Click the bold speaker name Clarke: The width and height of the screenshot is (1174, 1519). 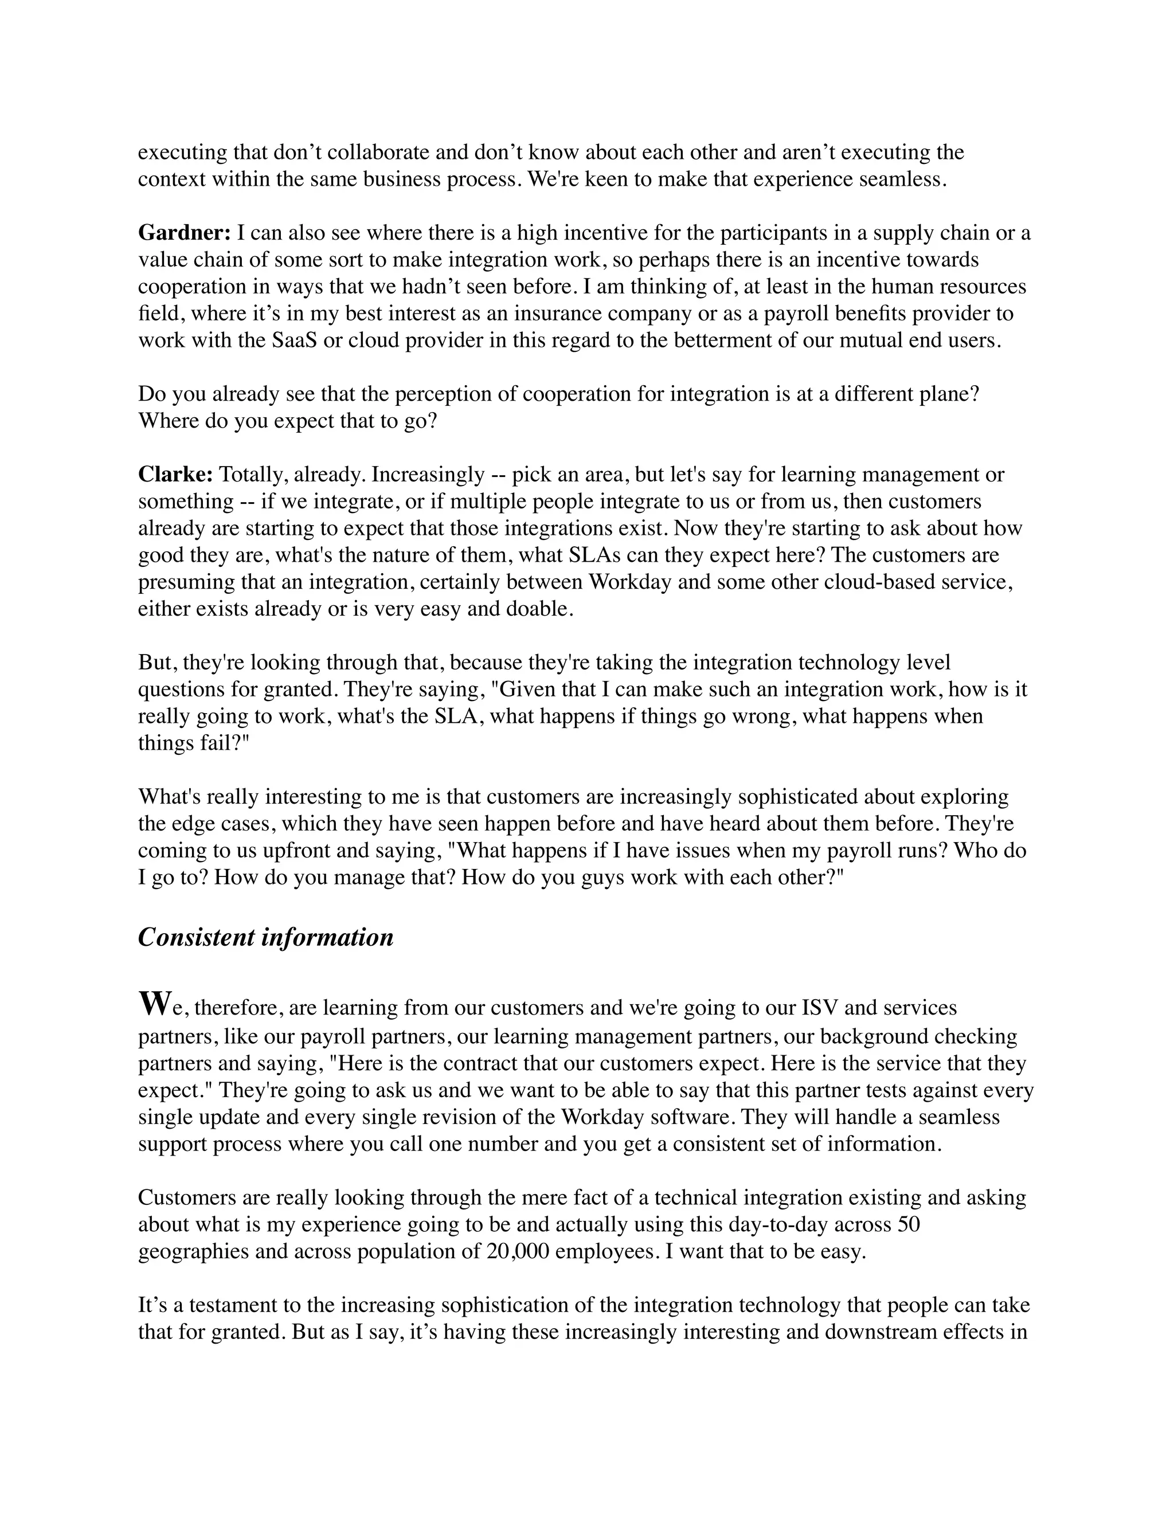[x=175, y=475]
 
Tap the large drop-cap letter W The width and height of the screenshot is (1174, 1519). [x=154, y=1004]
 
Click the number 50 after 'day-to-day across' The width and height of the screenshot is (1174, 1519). [x=909, y=1224]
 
